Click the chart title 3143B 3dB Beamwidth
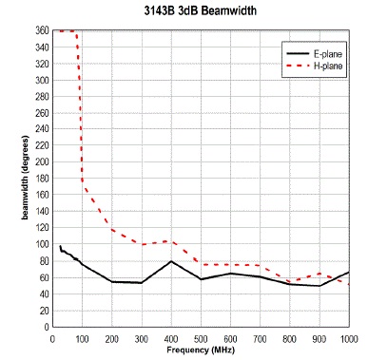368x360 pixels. point(201,10)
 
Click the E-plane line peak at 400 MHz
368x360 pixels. point(171,261)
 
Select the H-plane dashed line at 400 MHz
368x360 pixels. point(171,241)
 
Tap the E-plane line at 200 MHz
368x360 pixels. point(112,281)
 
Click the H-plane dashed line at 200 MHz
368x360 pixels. point(112,229)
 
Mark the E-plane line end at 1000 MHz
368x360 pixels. point(349,272)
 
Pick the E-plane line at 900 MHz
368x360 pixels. point(320,285)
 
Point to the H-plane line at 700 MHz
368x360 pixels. point(260,265)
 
